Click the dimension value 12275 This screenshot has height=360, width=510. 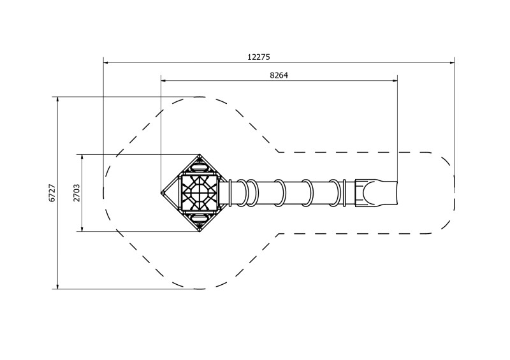258,57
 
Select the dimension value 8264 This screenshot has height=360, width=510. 279,75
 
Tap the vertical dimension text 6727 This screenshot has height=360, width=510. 52,193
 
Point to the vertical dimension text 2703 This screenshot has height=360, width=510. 76,192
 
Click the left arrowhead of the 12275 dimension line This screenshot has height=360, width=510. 106,62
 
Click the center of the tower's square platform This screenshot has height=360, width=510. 200,192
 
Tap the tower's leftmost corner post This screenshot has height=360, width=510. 163,192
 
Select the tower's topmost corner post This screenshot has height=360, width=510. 200,156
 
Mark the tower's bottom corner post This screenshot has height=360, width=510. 200,229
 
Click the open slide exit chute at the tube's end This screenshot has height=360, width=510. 376,192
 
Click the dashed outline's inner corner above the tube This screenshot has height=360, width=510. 278,152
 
